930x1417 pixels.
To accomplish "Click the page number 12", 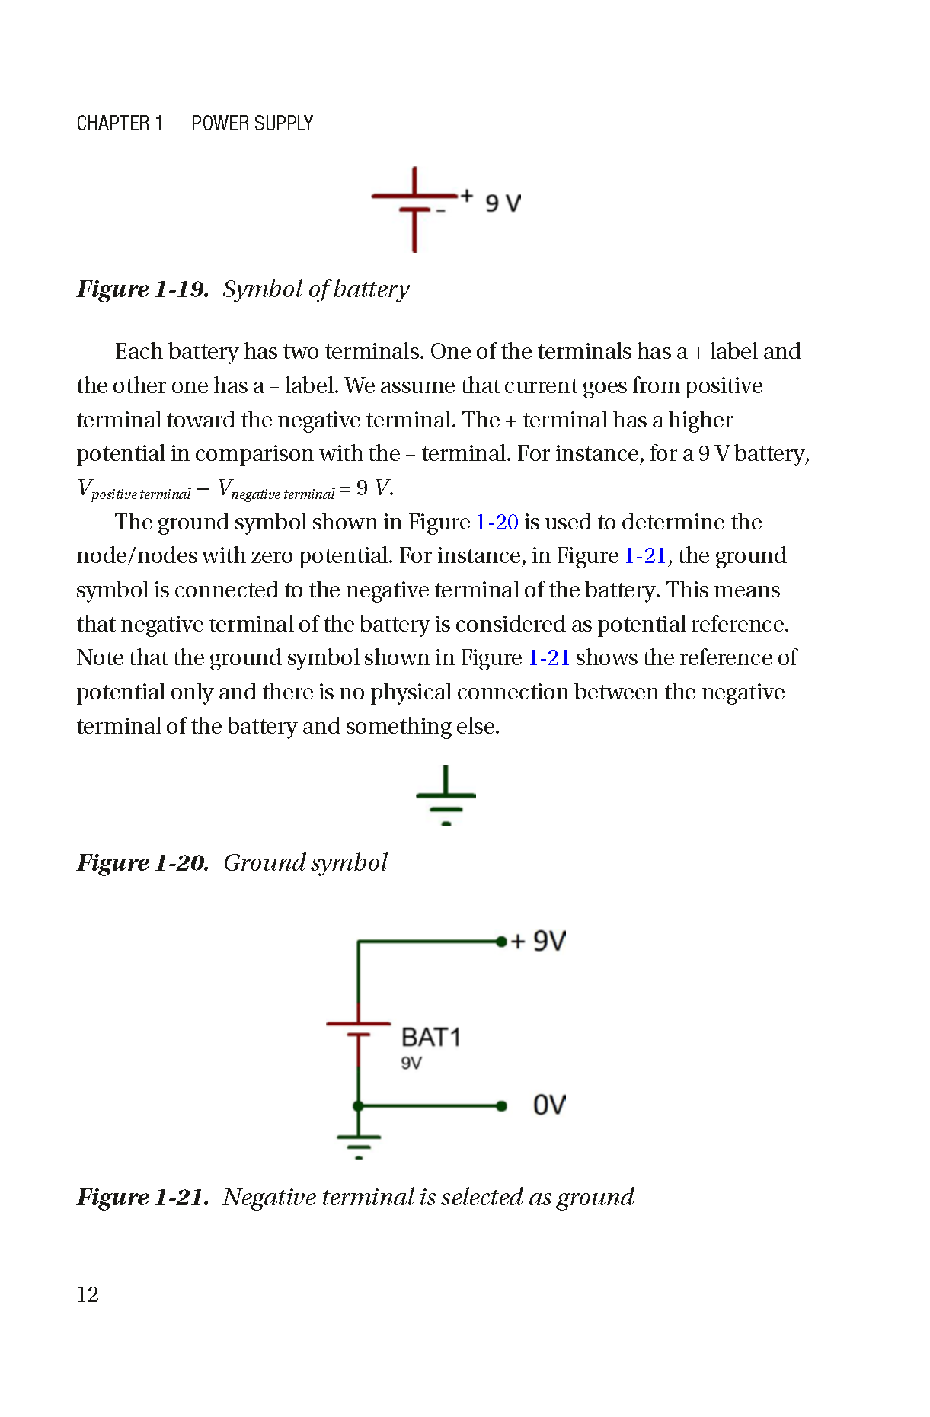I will [x=88, y=1294].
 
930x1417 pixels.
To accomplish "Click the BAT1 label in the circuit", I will [x=430, y=1038].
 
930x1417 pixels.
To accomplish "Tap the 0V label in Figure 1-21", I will [x=549, y=1105].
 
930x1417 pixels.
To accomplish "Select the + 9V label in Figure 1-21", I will [x=539, y=941].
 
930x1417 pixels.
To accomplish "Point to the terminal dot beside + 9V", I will [x=500, y=942].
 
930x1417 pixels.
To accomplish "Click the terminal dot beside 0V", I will [x=501, y=1105].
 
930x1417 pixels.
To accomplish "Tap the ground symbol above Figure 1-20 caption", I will [x=446, y=797].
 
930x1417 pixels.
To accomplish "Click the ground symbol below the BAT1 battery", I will [x=359, y=1144].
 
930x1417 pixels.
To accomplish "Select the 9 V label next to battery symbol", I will [x=503, y=203].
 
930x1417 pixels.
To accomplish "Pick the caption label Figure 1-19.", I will [x=142, y=289].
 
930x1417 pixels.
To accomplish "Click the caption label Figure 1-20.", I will [x=142, y=863].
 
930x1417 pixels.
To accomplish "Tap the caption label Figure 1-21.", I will [x=142, y=1198].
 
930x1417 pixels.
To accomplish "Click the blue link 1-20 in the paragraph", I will [x=497, y=522].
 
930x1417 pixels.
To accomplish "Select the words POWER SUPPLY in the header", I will [x=252, y=123].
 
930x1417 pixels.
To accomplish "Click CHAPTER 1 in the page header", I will [x=120, y=123].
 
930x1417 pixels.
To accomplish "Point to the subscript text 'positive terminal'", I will [x=141, y=494].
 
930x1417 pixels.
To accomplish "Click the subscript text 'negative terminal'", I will [x=283, y=494].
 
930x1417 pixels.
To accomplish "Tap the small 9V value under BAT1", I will [x=411, y=1063].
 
